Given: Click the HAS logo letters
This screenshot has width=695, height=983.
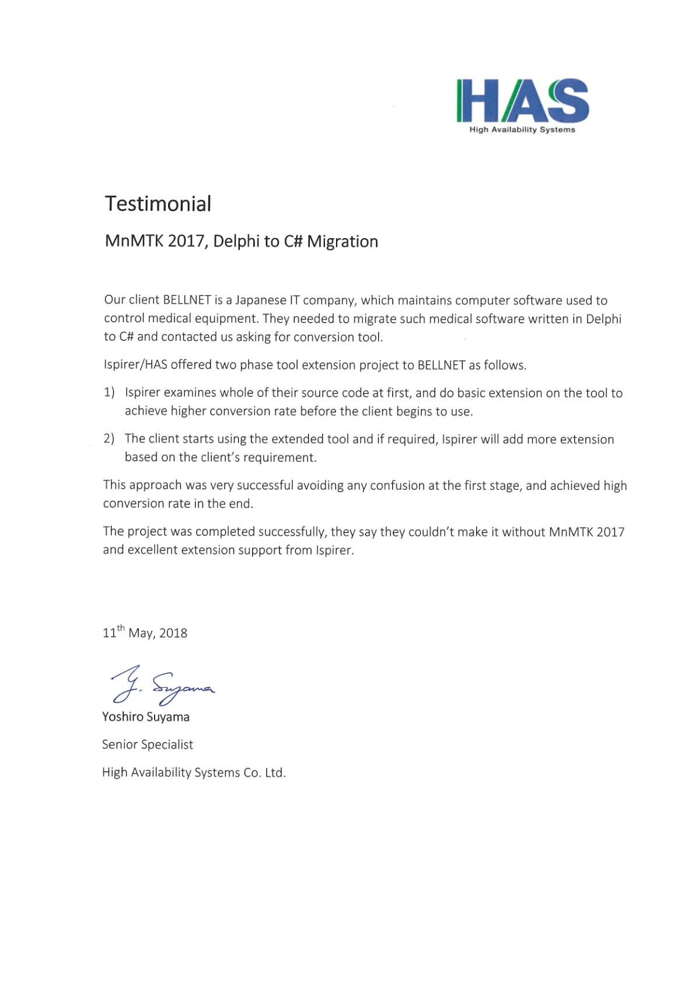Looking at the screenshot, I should [522, 100].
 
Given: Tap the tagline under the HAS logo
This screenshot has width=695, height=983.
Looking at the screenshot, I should [522, 130].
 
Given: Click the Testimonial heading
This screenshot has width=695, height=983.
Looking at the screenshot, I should [158, 204].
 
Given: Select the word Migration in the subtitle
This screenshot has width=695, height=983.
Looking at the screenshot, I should [343, 241].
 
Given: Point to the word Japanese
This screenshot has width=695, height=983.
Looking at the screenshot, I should [261, 300].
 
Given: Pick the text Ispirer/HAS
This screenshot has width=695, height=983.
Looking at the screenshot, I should [135, 365].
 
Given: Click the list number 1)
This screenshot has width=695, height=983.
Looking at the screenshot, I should [109, 392].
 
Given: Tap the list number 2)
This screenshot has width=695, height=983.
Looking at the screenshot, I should [109, 438].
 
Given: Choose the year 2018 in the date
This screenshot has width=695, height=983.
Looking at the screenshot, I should [173, 633].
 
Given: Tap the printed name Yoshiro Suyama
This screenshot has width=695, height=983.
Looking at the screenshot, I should [146, 717].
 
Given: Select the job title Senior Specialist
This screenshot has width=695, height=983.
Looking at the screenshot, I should [148, 744].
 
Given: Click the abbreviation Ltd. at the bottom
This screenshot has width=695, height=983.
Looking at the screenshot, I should [275, 772].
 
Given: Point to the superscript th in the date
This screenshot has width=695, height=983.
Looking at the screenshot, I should [121, 628].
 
